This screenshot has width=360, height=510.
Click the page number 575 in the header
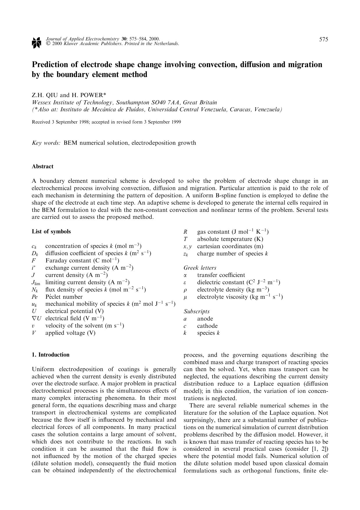[323, 40]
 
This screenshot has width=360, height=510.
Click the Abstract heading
[42, 167]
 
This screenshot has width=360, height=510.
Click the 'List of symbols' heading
[51, 232]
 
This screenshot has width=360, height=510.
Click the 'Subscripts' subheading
[196, 312]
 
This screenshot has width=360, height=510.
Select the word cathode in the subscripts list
[207, 326]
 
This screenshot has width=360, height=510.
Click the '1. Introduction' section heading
[51, 355]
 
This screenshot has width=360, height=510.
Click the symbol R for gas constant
[185, 232]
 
